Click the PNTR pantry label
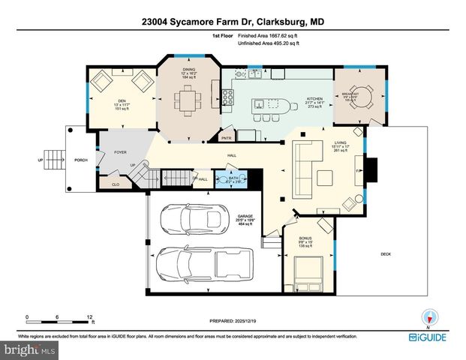[226, 138]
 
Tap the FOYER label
[120, 152]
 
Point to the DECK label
[386, 254]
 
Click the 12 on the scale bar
[89, 317]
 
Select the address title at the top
[233, 22]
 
